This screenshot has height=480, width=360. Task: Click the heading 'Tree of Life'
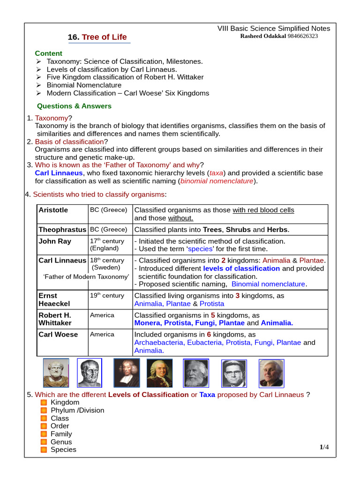coord(104,37)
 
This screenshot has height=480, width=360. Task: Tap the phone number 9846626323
coord(301,36)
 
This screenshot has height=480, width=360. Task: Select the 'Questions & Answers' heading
coord(74,106)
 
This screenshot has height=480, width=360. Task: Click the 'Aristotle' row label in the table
coord(53,210)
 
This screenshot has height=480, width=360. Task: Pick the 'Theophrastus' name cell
coord(62,230)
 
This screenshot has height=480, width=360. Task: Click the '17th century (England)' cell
coord(107,245)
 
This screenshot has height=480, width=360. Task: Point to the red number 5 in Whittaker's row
coord(213,315)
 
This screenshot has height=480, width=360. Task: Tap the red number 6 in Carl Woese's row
coord(209,335)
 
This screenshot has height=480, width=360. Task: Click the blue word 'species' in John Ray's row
coord(201,249)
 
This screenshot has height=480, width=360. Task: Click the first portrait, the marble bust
coord(56,373)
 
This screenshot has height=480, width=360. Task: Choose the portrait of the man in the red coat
coord(160,373)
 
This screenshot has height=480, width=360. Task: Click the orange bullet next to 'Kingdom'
coord(44,403)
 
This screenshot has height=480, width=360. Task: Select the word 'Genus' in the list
coord(61,442)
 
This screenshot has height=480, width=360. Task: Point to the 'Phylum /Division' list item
coord(77,411)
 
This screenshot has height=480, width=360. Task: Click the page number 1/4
coord(324,447)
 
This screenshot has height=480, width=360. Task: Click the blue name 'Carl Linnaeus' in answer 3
coord(59,173)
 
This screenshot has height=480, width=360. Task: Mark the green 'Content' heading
coord(48,53)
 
